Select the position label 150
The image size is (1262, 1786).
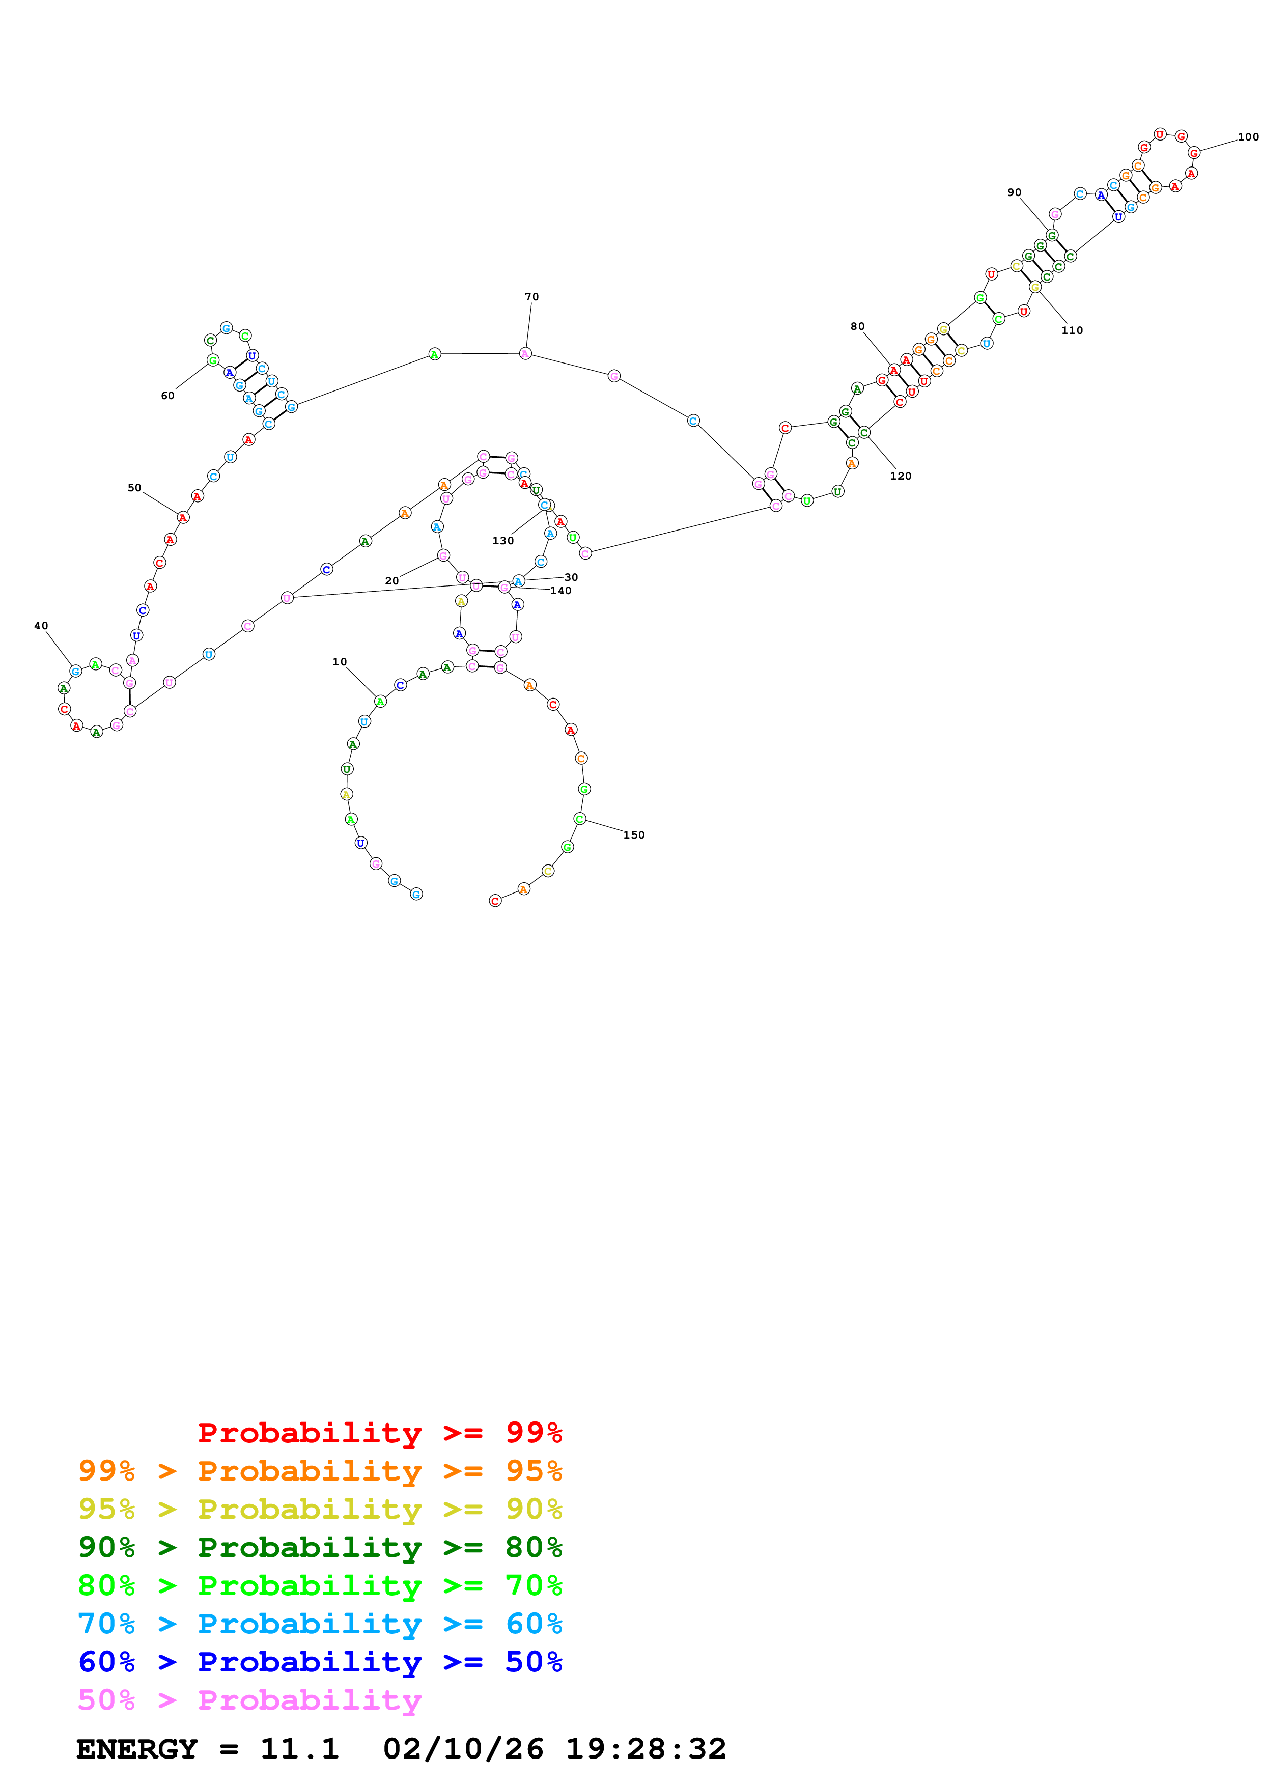[x=634, y=834]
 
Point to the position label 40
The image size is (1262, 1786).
[x=41, y=625]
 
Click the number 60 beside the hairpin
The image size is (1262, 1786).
[x=167, y=395]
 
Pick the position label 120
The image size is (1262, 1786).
[x=901, y=476]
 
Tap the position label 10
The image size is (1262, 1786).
[x=340, y=662]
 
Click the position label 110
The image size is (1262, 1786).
[x=1072, y=330]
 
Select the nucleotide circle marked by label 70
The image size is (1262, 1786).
[x=526, y=354]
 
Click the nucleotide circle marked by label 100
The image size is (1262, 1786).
[x=1194, y=153]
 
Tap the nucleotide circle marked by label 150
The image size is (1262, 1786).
[x=579, y=818]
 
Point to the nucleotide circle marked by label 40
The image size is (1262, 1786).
[x=75, y=671]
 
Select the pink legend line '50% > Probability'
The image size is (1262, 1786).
[x=249, y=1700]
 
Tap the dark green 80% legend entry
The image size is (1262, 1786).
[x=320, y=1547]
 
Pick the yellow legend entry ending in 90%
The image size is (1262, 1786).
[x=320, y=1509]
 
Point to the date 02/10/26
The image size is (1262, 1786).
[x=463, y=1749]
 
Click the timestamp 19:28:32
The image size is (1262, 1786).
[x=646, y=1749]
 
